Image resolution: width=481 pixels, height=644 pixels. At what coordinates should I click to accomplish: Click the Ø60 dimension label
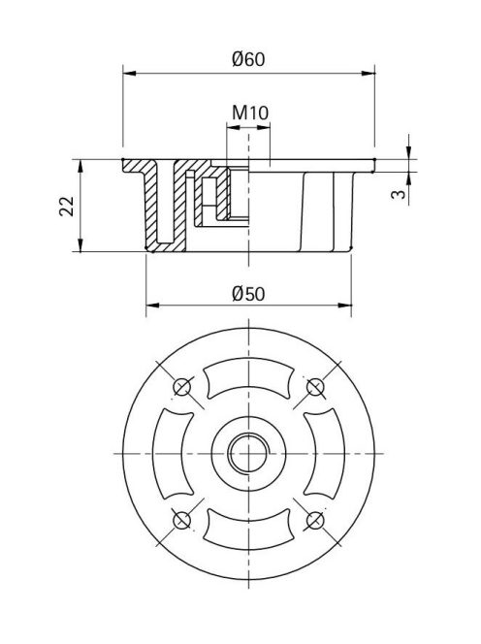248,59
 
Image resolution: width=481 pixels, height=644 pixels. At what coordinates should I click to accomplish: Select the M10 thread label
250,113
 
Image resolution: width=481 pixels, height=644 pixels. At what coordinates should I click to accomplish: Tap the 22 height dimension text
67,207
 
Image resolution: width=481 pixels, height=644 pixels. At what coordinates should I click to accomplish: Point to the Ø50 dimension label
248,294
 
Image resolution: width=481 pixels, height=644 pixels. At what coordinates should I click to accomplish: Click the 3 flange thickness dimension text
398,193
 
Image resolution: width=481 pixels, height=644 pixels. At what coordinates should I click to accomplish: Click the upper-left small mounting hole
181,386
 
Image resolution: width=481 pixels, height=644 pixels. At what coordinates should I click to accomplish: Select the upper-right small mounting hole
315,386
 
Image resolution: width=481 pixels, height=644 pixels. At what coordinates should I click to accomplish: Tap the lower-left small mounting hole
181,521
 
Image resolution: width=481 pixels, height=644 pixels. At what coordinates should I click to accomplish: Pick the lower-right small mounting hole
315,521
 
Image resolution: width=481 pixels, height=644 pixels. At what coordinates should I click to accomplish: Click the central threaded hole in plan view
248,454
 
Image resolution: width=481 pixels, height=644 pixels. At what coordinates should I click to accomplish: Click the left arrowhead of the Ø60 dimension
129,73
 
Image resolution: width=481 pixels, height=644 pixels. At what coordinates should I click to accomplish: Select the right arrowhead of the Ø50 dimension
345,306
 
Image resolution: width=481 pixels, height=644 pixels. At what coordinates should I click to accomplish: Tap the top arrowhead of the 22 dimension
80,166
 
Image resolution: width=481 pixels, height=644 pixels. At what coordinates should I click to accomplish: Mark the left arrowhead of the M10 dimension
233,127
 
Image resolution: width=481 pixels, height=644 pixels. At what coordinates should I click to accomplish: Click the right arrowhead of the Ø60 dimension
369,73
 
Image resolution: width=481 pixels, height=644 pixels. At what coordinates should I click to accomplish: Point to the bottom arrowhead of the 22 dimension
80,244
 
